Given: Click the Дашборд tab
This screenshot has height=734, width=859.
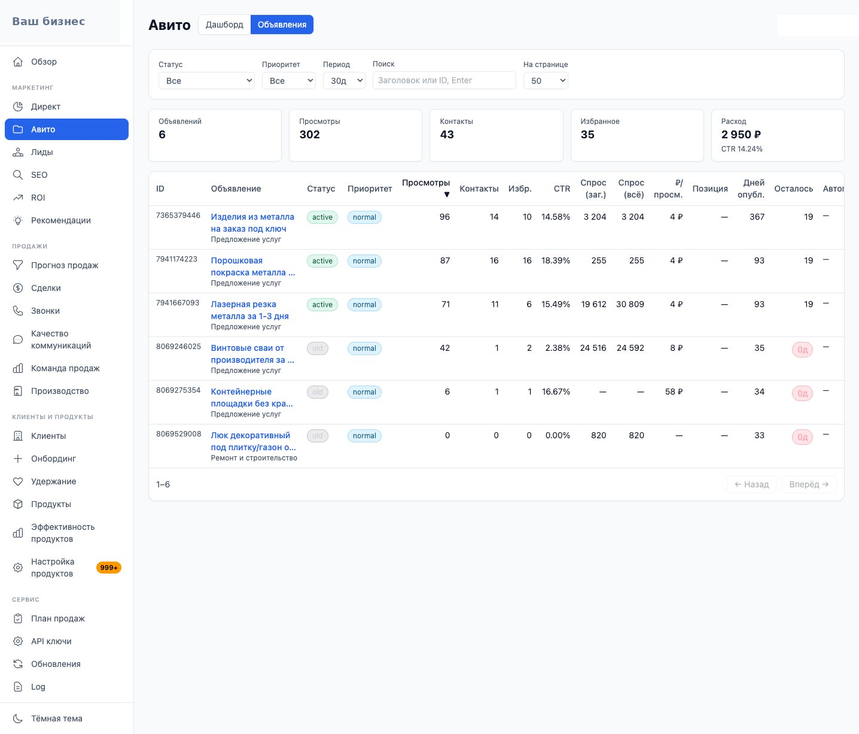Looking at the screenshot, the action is [224, 25].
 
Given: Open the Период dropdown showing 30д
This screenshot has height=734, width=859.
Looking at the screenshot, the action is [344, 81].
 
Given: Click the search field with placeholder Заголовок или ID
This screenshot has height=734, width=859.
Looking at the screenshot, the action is [444, 80].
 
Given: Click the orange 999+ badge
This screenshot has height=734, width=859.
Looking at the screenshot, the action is [108, 568].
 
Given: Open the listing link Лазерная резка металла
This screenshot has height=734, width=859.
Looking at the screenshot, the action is [249, 310].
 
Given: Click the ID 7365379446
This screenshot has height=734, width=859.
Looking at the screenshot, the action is [178, 216].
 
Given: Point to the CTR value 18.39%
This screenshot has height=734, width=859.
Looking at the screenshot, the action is [555, 261].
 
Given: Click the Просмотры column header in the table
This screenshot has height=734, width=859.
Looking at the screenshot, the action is [425, 183].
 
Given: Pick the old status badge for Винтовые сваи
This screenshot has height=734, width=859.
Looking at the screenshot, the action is [318, 348].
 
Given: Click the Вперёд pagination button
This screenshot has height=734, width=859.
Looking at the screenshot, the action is [809, 484].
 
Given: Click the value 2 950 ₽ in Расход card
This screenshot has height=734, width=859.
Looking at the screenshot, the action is [741, 135].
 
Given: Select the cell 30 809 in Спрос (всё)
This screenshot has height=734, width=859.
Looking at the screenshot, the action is [630, 304].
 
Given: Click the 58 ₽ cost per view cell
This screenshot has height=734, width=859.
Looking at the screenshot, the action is [674, 392].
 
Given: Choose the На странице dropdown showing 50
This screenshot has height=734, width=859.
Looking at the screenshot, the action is [545, 81].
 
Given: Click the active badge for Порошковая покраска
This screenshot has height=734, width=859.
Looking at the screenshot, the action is [322, 261].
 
